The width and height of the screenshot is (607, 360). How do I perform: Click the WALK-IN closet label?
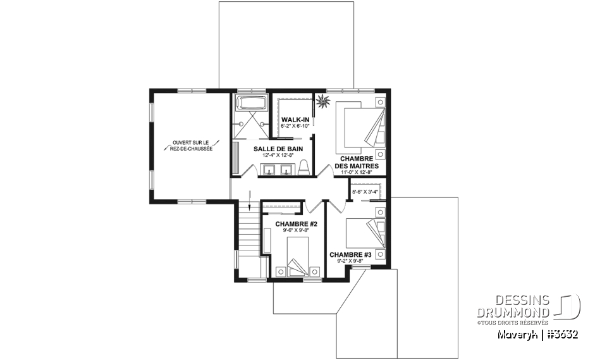295,120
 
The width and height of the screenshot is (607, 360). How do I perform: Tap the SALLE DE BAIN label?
278,149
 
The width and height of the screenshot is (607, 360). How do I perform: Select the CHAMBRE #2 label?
297,224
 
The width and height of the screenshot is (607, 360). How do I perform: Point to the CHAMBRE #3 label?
350,254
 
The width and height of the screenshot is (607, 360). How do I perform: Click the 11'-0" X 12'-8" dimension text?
357,172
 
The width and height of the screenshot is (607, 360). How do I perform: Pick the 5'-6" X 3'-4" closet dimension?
365,192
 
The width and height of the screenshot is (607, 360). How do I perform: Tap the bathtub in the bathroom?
251,102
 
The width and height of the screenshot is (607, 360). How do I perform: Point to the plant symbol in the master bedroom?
322,101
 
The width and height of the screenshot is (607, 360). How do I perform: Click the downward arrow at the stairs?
250,199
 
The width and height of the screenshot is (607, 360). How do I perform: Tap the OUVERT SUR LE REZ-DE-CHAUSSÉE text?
191,146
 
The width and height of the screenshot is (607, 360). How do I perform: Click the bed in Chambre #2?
298,256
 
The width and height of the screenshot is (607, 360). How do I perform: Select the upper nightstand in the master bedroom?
381,102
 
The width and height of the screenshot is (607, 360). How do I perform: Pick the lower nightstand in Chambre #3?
381,254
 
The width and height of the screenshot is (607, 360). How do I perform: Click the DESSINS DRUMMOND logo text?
513,306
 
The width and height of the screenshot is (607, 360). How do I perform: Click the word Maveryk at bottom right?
518,335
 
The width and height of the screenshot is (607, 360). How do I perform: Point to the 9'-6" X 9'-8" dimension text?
296,230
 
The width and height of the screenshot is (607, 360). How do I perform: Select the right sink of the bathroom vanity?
287,170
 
